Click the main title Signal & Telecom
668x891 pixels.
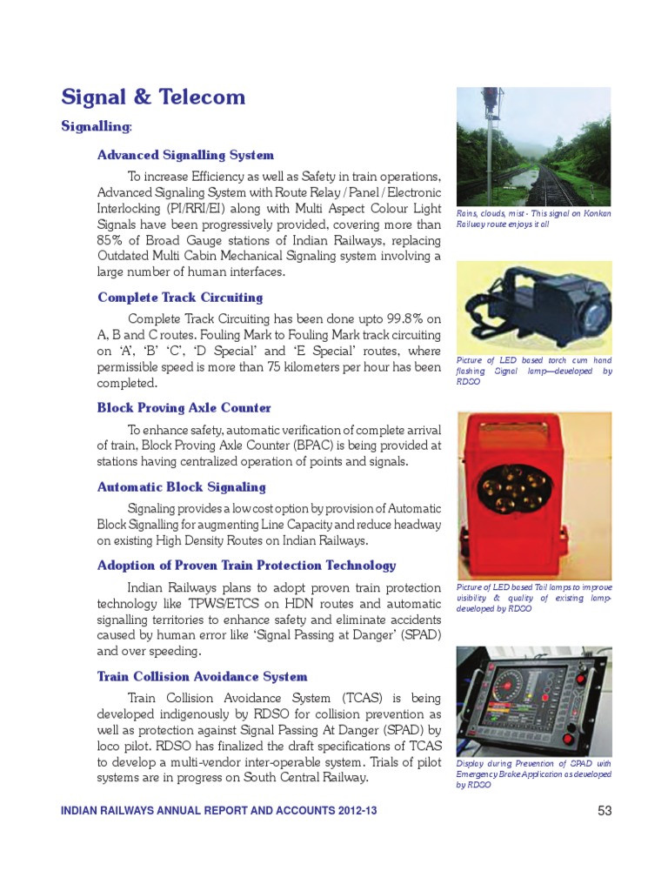(153, 97)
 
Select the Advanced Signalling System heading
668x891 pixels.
(185, 156)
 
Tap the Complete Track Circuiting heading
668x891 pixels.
(180, 298)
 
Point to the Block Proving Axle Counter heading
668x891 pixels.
(184, 408)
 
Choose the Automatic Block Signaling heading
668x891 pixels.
(181, 487)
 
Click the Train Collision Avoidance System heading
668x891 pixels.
(202, 677)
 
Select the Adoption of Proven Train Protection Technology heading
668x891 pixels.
(246, 566)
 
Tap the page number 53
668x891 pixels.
(605, 811)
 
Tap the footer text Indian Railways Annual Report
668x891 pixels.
(218, 811)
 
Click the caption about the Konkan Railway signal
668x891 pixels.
(533, 218)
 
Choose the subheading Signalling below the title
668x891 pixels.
(96, 127)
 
